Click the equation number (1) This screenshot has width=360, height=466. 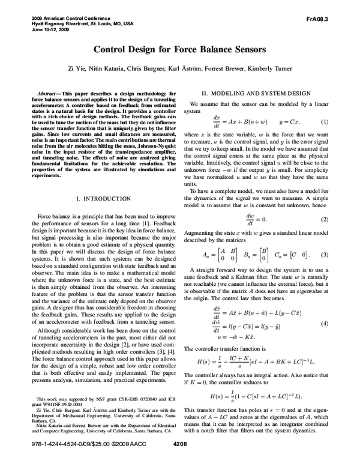[x=325, y=122]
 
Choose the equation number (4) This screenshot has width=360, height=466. [x=325, y=324]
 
